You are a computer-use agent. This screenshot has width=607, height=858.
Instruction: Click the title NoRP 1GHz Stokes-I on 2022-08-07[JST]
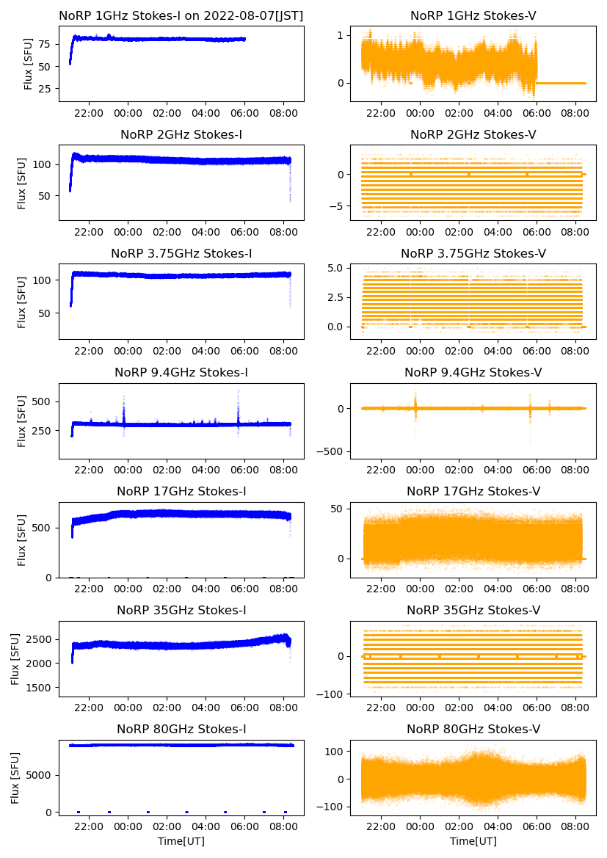click(181, 15)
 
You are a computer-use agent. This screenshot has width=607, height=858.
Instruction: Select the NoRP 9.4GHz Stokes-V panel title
click(473, 373)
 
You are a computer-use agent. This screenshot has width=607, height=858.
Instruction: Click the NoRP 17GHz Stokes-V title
click(473, 491)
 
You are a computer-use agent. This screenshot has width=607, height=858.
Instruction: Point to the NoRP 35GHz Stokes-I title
click(181, 610)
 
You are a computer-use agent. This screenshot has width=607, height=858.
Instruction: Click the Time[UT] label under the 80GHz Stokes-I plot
click(181, 841)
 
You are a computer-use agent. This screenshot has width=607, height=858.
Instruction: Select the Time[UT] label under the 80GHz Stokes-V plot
click(473, 841)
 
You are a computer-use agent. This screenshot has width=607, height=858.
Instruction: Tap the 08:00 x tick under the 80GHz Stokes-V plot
click(575, 826)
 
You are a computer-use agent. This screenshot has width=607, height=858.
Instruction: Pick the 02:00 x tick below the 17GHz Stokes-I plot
click(167, 589)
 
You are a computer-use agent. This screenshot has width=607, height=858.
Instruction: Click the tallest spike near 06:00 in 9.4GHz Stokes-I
click(239, 391)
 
